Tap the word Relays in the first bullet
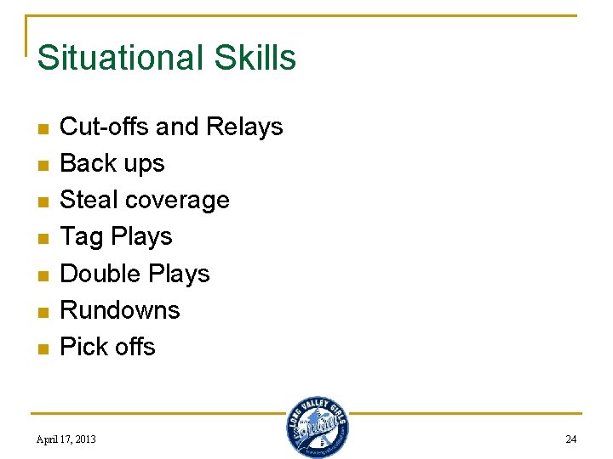click(243, 127)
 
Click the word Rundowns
click(120, 310)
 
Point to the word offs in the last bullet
click(135, 347)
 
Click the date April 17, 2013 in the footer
click(66, 439)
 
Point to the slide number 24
click(570, 439)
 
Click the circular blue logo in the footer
click(318, 428)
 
